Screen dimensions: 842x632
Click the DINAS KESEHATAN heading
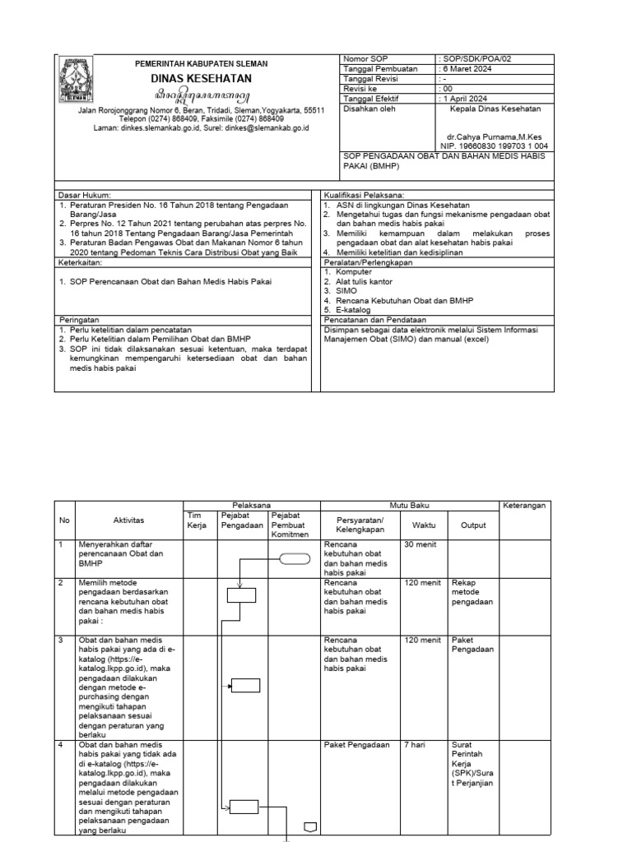(x=201, y=79)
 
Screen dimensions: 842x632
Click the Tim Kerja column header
(x=195, y=520)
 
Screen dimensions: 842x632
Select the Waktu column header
(x=425, y=525)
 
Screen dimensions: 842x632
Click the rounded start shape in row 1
(x=292, y=560)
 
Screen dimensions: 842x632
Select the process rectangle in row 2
(x=241, y=595)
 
